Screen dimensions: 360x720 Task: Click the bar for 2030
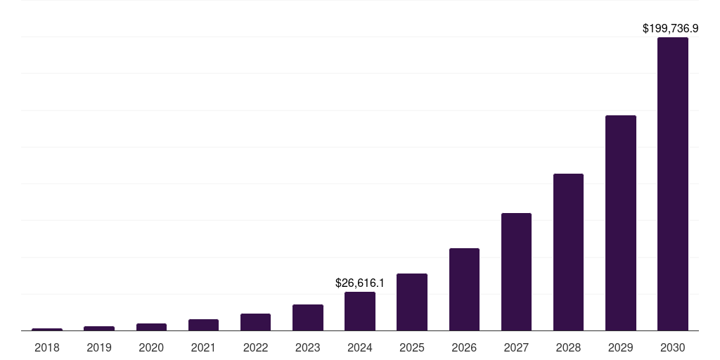tap(672, 184)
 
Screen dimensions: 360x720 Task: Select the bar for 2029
tap(620, 223)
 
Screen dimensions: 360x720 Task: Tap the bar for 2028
tap(568, 252)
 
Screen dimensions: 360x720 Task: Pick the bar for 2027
tap(516, 271)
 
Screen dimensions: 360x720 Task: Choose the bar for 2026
tap(464, 289)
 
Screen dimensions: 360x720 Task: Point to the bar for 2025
tap(412, 302)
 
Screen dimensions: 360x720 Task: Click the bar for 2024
tap(360, 311)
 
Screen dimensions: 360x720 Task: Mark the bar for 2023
tap(308, 317)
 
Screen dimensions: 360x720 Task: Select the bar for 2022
tap(255, 322)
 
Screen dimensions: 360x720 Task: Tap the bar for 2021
tap(203, 325)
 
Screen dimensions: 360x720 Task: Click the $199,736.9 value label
tap(670, 29)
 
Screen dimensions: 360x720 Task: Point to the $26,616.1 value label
tap(360, 283)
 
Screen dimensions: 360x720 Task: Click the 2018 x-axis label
tap(47, 347)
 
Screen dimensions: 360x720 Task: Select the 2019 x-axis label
tap(99, 347)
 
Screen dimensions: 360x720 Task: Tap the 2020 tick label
tap(151, 347)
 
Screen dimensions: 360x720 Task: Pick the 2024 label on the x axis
tap(360, 347)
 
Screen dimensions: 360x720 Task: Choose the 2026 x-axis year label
tap(464, 347)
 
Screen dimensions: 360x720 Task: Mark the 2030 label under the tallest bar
tap(672, 347)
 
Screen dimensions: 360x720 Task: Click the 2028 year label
tap(568, 347)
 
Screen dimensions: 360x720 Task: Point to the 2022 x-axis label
tap(255, 347)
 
